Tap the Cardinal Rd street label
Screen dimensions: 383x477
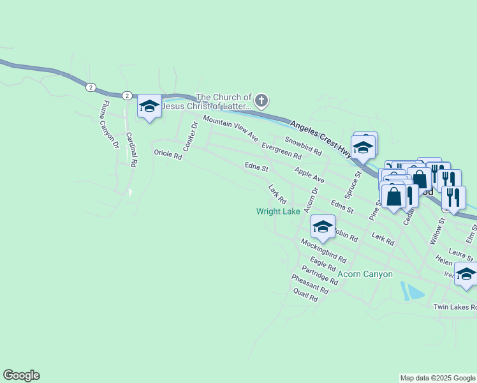coord(131,149)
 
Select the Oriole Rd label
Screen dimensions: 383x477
coord(168,154)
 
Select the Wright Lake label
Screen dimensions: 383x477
coord(279,211)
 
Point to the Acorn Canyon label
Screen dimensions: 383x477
coord(365,274)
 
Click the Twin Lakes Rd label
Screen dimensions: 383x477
coord(455,307)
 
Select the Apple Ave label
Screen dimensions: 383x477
coord(309,175)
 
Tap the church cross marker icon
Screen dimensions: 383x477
coord(261,101)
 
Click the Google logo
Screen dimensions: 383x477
coord(21,375)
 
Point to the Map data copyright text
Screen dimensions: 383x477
coord(437,378)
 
